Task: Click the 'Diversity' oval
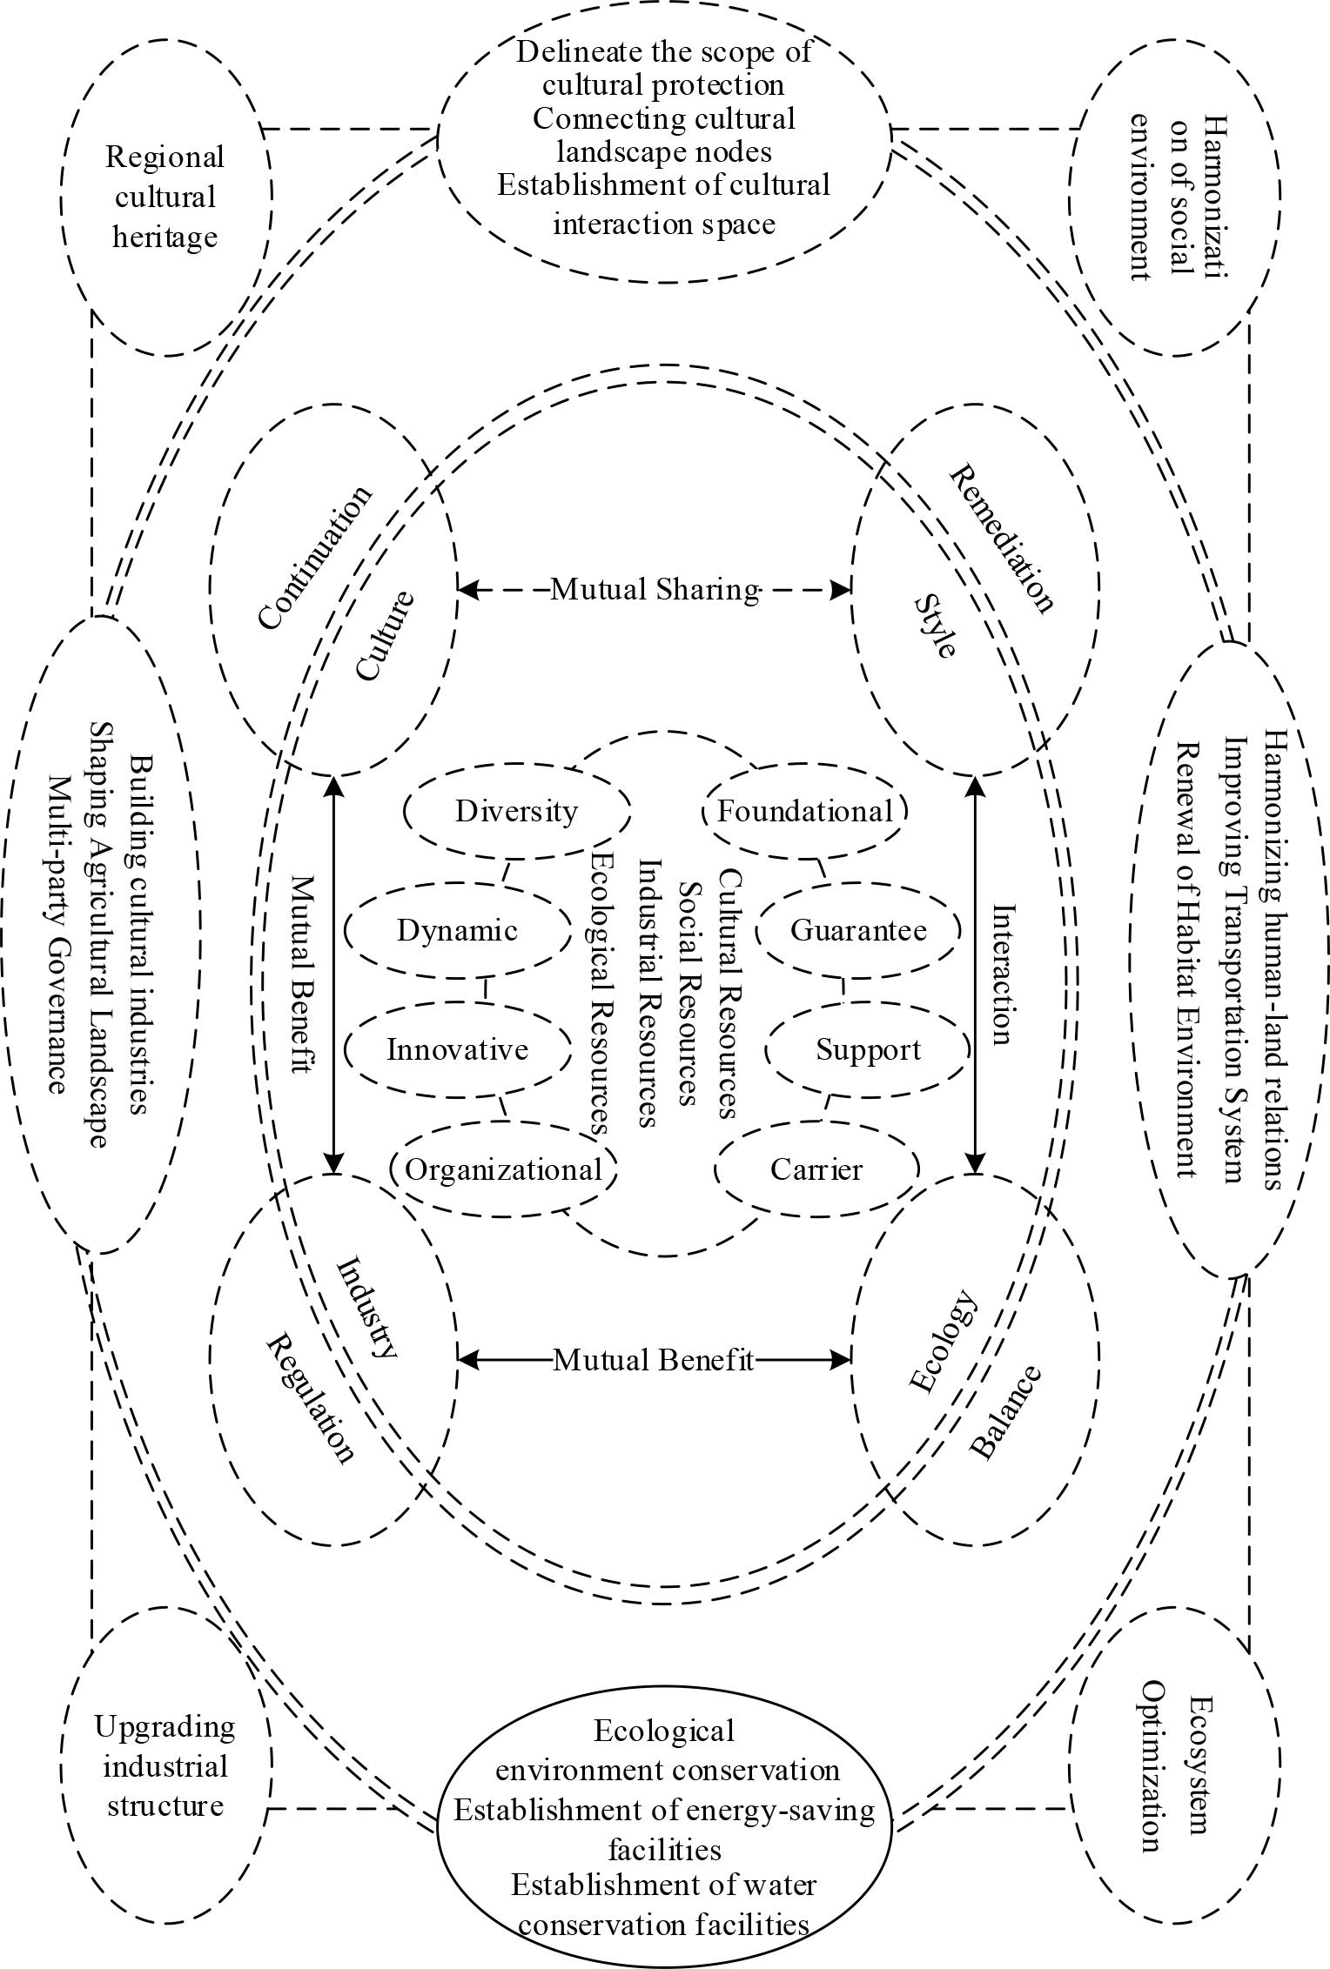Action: tap(516, 811)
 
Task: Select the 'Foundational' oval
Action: tap(804, 811)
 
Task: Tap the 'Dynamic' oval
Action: tap(457, 930)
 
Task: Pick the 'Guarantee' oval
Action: tap(858, 930)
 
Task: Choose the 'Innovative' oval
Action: tap(457, 1049)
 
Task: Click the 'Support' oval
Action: tap(868, 1049)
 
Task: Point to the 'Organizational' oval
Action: tap(503, 1169)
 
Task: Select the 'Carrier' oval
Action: tap(816, 1169)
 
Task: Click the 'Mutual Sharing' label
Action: tap(655, 590)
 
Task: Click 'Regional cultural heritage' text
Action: tap(165, 197)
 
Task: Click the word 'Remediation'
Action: tap(1001, 539)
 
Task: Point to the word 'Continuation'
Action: tap(315, 557)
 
